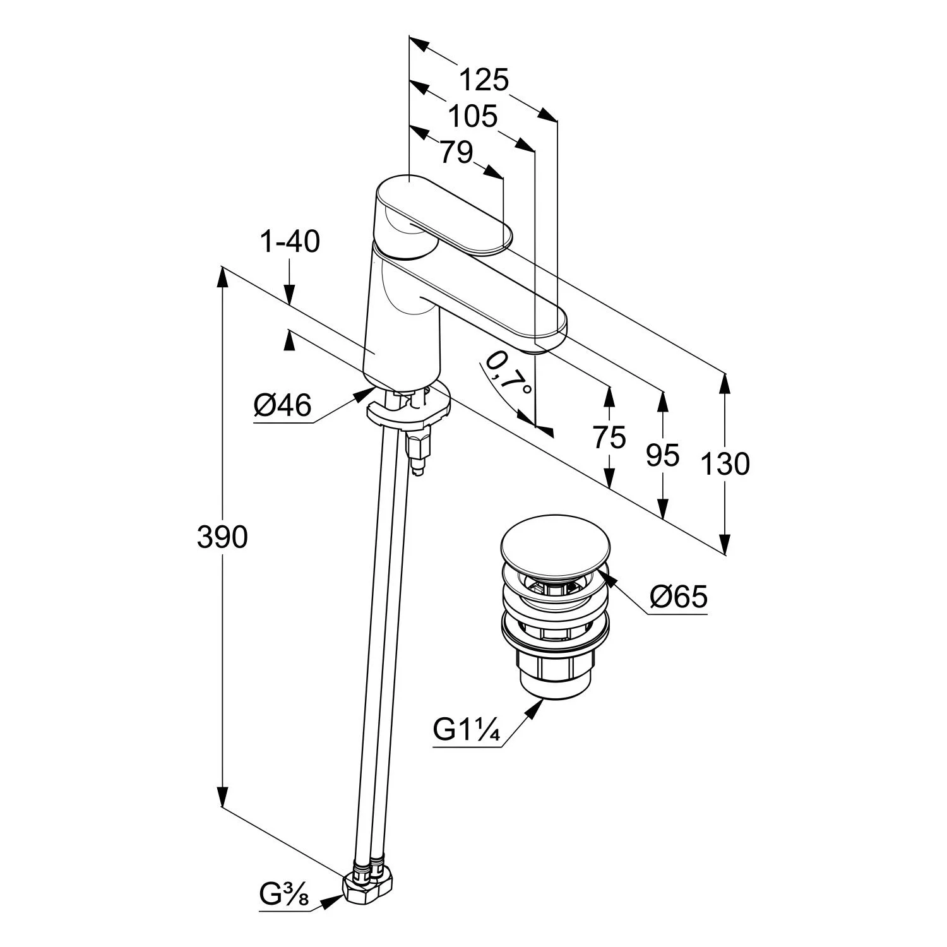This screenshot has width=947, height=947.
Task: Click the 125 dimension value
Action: click(x=484, y=80)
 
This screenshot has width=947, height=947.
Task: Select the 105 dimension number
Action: click(x=473, y=117)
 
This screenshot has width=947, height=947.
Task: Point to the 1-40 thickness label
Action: click(x=290, y=242)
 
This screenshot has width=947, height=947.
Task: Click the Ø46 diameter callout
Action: click(x=283, y=405)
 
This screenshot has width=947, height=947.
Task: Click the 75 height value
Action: click(x=609, y=437)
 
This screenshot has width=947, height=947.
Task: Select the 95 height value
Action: click(x=663, y=455)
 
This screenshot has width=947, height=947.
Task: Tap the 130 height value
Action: click(x=725, y=464)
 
